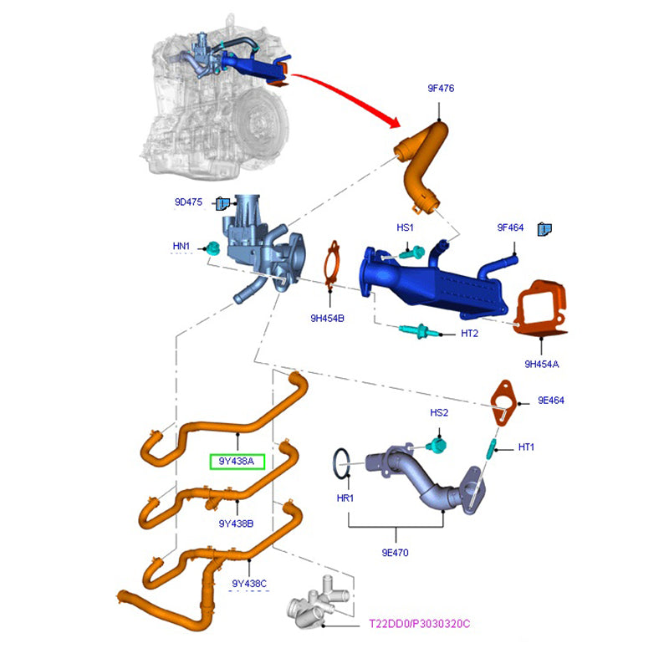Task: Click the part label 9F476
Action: pos(441,89)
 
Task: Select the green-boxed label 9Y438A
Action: pos(237,462)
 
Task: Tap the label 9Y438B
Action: pos(237,523)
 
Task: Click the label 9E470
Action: pos(396,553)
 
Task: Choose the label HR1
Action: pos(345,498)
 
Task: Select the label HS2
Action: pos(440,413)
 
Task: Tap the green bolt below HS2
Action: pos(436,444)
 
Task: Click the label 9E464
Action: pos(551,401)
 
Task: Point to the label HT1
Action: pos(526,447)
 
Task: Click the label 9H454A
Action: pos(542,364)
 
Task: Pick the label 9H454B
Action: pos(328,318)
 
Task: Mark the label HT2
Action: pos(469,334)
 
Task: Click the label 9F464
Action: pos(510,227)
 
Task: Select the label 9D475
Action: pos(190,202)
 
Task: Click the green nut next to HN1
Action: pos(213,248)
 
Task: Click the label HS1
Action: pos(406,227)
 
